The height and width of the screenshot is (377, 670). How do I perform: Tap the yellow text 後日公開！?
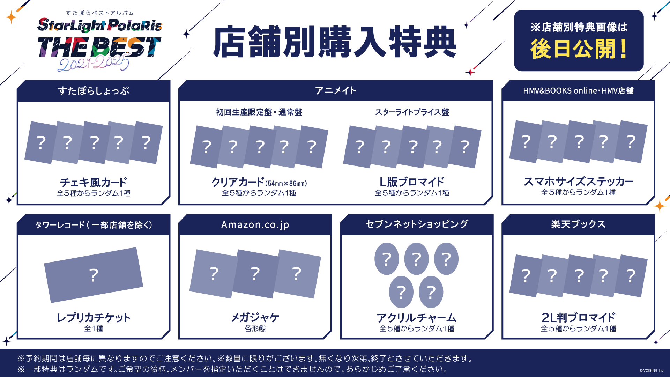click(x=579, y=49)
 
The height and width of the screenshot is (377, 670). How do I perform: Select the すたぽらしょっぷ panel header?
click(x=94, y=91)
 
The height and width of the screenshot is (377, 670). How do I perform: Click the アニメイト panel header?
click(x=335, y=90)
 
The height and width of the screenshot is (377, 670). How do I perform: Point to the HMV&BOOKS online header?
click(x=578, y=90)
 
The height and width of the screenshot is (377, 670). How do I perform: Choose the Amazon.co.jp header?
click(x=255, y=224)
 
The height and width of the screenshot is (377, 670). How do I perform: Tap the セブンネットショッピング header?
click(x=417, y=224)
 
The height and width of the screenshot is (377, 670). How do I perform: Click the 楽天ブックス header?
click(x=578, y=224)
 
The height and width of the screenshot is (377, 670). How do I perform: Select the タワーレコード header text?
click(x=94, y=225)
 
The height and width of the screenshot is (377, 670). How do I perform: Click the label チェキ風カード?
click(x=94, y=182)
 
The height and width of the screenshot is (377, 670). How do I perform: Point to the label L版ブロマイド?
click(x=412, y=182)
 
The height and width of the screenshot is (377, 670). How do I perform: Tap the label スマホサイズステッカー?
click(x=578, y=181)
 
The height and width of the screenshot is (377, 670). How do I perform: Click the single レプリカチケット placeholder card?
click(x=94, y=275)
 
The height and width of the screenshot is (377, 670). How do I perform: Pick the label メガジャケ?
click(x=255, y=317)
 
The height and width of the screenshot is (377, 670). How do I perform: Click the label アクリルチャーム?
click(x=417, y=318)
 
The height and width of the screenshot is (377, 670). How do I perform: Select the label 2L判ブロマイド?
click(x=578, y=317)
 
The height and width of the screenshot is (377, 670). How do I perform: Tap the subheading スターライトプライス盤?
click(x=412, y=112)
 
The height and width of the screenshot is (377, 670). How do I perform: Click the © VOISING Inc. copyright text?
click(x=652, y=371)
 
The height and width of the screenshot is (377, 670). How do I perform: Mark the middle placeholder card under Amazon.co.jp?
click(x=255, y=274)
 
